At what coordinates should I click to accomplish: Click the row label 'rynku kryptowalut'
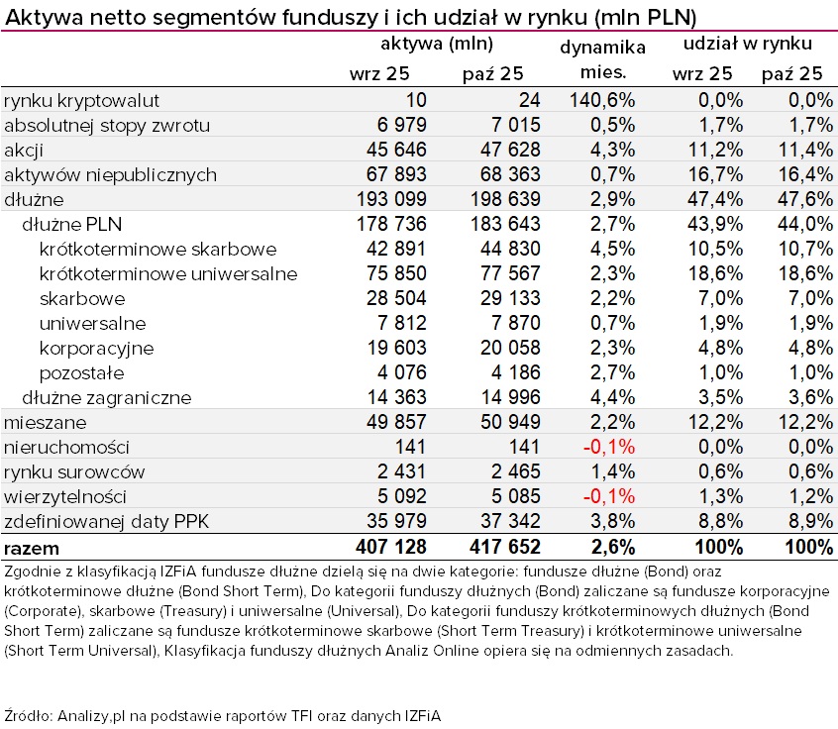pos(81,100)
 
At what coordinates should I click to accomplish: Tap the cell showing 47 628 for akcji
pos(503,150)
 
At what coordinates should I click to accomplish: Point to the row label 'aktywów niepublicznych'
pos(110,174)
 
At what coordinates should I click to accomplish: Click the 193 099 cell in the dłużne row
pos(388,199)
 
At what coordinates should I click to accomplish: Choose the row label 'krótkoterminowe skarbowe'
pos(157,249)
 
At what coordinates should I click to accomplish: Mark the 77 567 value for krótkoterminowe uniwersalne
pos(503,273)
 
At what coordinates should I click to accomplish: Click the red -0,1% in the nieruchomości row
pos(608,447)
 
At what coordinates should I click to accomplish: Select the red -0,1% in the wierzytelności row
pos(608,496)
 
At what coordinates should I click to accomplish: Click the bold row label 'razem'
pos(32,547)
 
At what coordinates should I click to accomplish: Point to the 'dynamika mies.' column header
pos(602,59)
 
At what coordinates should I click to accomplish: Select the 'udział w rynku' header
pos(749,44)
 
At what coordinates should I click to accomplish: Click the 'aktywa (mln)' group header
pos(437,44)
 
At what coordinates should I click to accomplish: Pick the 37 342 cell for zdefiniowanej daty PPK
pos(503,521)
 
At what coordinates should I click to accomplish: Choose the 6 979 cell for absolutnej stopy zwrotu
pos(395,125)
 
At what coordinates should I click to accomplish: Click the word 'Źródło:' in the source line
pos(29,714)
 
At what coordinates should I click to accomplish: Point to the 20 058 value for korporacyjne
pos(503,348)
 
